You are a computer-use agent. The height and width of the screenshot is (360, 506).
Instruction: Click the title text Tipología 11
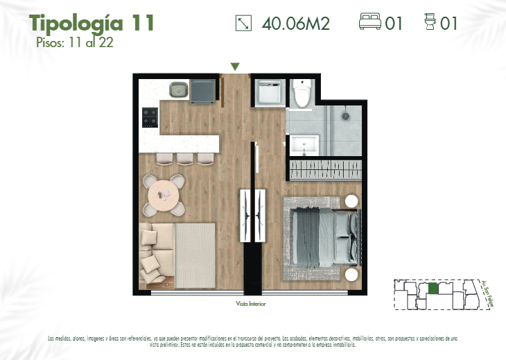[x=91, y=23]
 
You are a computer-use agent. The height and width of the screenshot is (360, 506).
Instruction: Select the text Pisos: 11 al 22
[x=75, y=42]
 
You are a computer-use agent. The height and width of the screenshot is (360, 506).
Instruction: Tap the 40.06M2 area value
[x=295, y=24]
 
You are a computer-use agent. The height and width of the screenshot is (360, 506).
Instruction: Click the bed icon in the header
[x=370, y=23]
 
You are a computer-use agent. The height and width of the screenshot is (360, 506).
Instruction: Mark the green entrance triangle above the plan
[x=235, y=67]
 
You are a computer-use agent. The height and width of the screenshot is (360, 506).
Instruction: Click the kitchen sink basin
[x=178, y=89]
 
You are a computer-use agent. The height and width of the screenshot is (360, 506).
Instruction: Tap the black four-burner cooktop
[x=150, y=117]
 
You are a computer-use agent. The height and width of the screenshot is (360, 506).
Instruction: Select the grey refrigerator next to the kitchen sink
[x=203, y=91]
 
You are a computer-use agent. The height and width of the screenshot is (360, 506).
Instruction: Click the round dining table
[x=164, y=195]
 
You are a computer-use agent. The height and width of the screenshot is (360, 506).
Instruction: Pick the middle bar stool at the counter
[x=184, y=158]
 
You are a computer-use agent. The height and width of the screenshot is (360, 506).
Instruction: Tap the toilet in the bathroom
[x=301, y=94]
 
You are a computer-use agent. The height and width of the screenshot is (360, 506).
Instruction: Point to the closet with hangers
[x=324, y=169]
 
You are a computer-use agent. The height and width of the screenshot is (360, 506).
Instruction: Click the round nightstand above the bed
[x=351, y=202]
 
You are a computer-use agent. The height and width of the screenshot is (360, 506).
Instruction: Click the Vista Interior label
[x=250, y=304]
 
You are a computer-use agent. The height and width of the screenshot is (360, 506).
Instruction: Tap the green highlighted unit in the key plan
[x=433, y=288]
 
